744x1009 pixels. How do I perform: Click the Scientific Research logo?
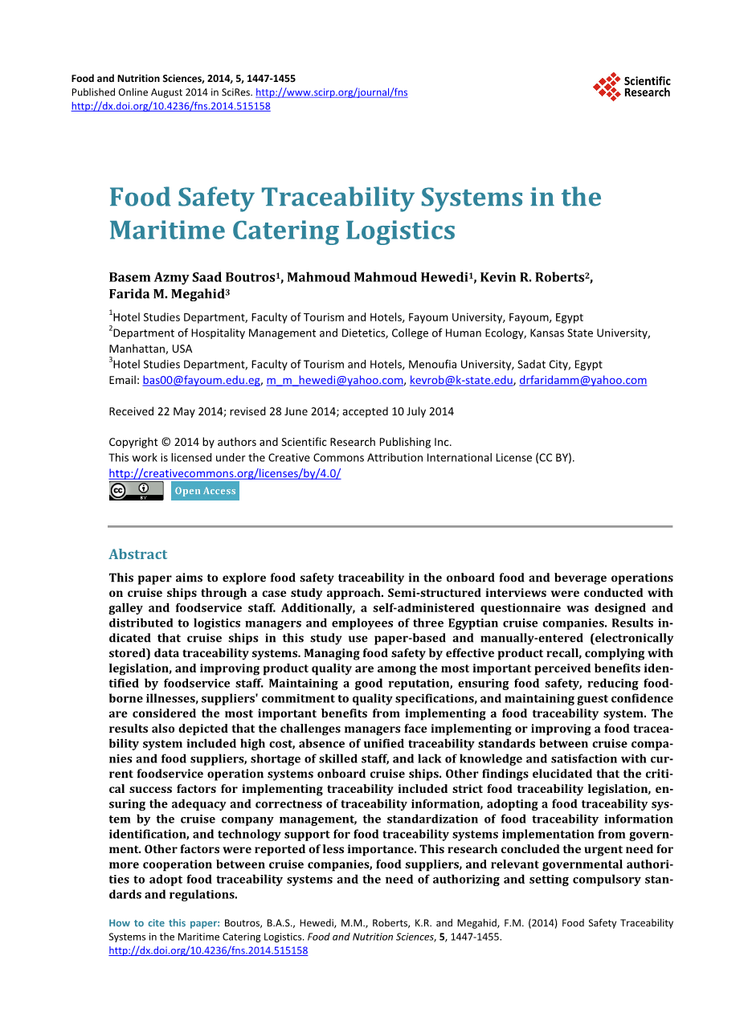[632, 87]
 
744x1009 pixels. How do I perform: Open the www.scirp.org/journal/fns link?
[331, 92]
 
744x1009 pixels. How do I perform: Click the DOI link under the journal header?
[170, 106]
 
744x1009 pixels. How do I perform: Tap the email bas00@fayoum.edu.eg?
[202, 381]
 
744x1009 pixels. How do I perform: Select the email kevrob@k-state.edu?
[461, 381]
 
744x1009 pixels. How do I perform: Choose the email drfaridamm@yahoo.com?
[583, 381]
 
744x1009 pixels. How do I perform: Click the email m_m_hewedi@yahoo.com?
[335, 381]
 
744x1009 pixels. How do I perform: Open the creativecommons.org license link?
[224, 473]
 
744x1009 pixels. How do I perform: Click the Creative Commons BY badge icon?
[136, 491]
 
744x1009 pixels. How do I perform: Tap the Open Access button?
[205, 491]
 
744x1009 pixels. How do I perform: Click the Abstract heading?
[138, 554]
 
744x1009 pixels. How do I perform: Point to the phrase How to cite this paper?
[164, 923]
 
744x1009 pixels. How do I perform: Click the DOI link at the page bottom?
[208, 950]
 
